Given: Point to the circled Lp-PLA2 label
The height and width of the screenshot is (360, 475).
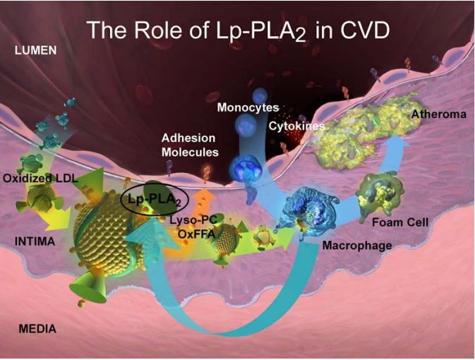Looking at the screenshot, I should (x=153, y=199).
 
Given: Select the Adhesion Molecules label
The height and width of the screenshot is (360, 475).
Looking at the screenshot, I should (x=190, y=145).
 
